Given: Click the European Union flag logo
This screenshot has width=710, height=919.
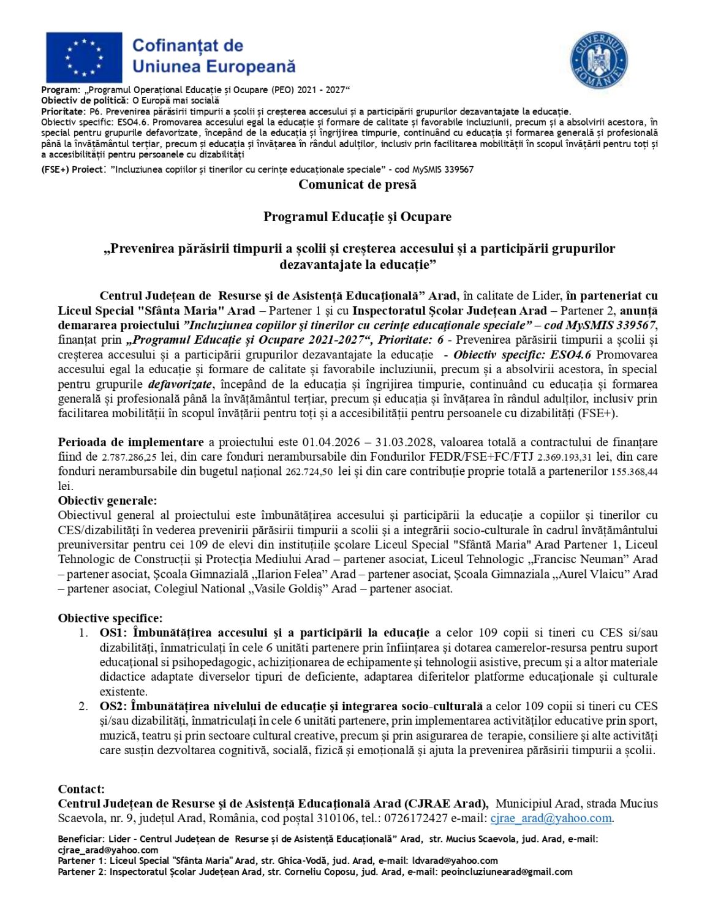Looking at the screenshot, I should click(84, 58).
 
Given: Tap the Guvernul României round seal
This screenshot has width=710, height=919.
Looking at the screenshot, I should click(599, 60).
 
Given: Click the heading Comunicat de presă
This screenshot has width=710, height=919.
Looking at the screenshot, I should click(357, 184).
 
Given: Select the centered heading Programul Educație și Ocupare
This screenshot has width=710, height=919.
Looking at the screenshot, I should click(357, 216).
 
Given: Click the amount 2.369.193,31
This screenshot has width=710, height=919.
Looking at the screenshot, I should click(564, 457).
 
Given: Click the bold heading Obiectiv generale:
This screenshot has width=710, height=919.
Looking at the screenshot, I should click(107, 501).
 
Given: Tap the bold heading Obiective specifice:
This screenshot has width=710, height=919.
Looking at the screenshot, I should click(110, 618).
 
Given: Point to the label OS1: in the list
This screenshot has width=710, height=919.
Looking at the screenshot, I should click(113, 633).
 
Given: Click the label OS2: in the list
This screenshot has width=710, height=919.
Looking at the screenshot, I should click(113, 706).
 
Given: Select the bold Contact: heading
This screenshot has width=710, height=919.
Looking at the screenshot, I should click(81, 789).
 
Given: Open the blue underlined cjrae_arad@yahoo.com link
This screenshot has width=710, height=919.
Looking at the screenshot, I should click(551, 819).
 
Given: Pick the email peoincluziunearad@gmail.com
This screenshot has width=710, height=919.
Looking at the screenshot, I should click(506, 872).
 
